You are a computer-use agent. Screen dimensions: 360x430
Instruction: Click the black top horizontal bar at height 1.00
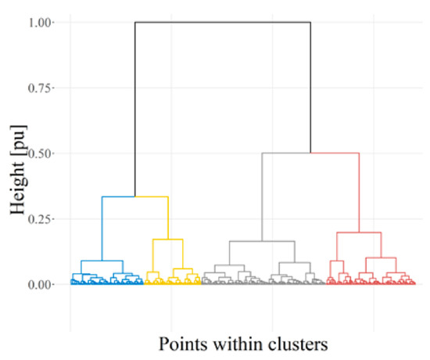coord(223,23)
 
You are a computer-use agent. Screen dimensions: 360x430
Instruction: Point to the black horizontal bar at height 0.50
coord(285,153)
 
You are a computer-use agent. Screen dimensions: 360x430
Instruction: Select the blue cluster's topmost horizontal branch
coord(119,196)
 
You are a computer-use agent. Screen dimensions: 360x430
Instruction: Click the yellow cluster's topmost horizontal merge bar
coord(152,196)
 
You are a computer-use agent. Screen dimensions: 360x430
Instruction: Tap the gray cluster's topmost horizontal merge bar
coord(262,241)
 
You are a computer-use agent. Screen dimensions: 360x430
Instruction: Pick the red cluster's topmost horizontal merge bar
coord(358,232)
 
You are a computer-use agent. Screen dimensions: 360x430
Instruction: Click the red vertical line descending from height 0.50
coord(359,192)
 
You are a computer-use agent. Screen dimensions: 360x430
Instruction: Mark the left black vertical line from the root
coord(135,110)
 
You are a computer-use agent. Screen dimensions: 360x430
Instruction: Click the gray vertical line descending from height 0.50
coord(262,196)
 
